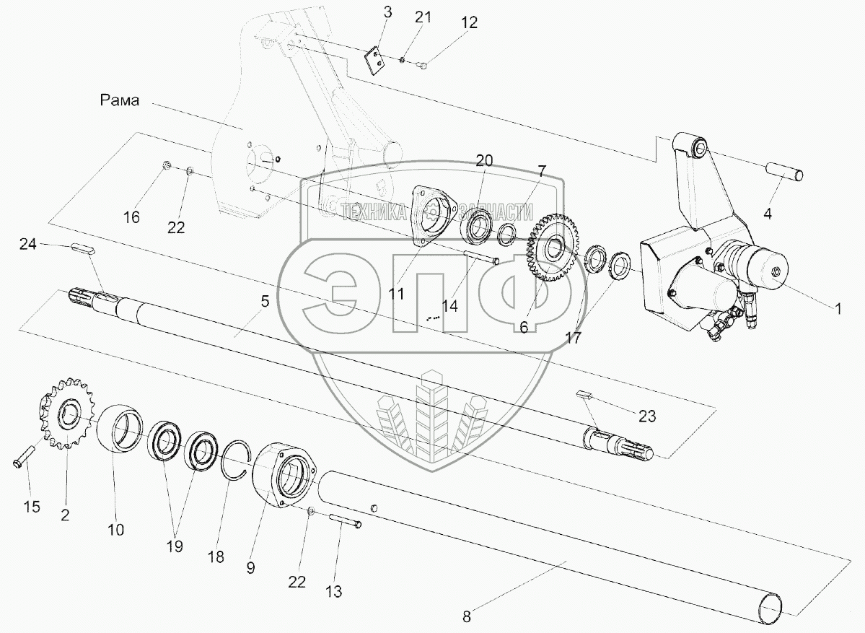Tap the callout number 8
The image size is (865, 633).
pyautogui.click(x=467, y=616)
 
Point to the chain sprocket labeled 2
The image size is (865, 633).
pyautogui.click(x=66, y=414)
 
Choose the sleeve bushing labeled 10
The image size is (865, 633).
pyautogui.click(x=126, y=429)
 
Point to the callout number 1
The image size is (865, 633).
pyautogui.click(x=838, y=308)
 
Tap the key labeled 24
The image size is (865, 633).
pyautogui.click(x=84, y=248)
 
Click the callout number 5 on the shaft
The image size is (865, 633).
pyautogui.click(x=265, y=301)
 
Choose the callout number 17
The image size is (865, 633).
pyautogui.click(x=573, y=336)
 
